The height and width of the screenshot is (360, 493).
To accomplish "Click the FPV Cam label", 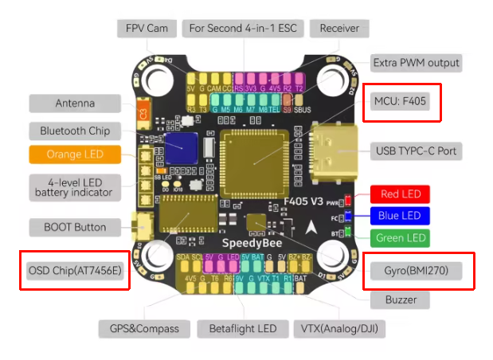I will click(x=145, y=29).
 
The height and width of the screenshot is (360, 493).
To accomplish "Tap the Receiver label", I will click(x=339, y=29).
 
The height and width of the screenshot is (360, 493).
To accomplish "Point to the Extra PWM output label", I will click(x=416, y=62).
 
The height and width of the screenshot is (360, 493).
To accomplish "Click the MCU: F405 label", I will click(x=402, y=102).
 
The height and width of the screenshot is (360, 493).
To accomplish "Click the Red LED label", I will click(x=401, y=194).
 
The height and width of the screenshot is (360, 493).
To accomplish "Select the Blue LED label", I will click(x=401, y=216).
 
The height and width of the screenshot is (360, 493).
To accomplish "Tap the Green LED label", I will click(x=401, y=237).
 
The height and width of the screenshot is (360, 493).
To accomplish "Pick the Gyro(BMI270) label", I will click(x=418, y=271).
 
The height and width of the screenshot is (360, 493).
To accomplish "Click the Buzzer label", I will click(x=400, y=299).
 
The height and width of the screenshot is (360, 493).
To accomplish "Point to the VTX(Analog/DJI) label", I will click(x=338, y=328).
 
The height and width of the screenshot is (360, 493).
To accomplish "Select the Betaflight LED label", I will click(x=243, y=328).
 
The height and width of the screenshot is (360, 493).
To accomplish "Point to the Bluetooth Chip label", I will click(x=75, y=130).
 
